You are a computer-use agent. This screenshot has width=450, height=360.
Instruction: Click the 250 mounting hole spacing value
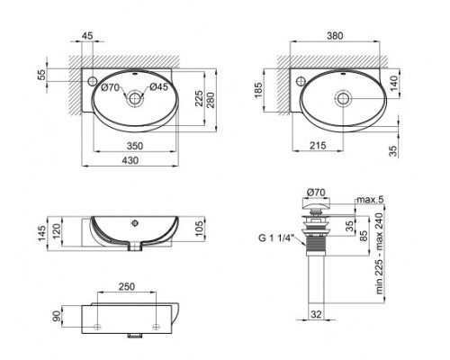(126, 287)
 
